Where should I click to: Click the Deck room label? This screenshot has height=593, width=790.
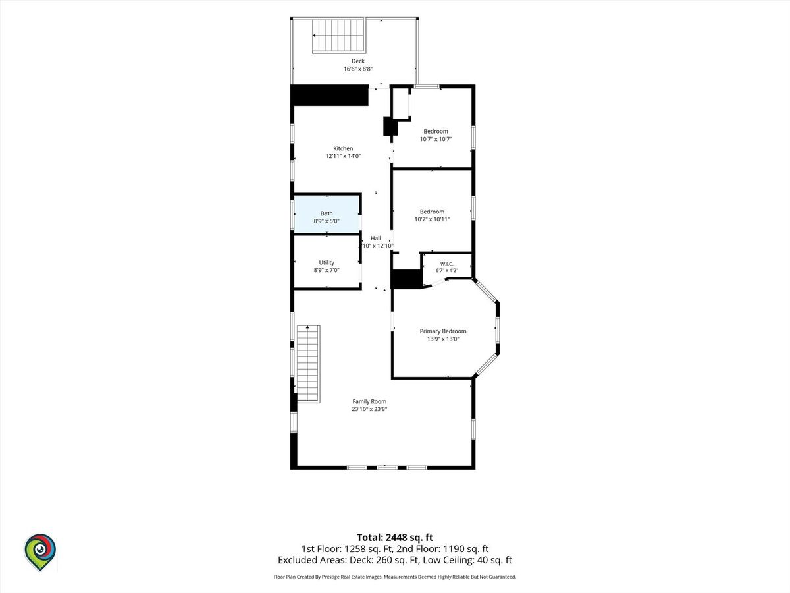357,61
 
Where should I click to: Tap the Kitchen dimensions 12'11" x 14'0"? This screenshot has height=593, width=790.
343,156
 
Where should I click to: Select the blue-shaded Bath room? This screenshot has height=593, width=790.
327,214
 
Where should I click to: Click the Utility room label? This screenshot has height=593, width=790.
327,262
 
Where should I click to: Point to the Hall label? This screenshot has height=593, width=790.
376,238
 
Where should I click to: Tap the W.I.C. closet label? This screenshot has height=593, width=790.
446,264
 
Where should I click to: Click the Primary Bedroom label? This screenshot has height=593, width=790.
442,331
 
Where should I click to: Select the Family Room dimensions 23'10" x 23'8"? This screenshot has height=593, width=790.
369,409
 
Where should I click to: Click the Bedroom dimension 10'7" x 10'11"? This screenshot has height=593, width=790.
432,219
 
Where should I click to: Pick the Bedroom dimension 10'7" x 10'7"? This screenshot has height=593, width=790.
436,139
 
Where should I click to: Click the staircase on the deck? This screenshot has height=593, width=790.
338,36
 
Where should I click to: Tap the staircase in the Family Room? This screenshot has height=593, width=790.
309,364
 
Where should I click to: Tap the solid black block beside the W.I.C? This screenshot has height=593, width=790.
406,279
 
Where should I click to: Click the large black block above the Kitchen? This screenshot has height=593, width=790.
330,96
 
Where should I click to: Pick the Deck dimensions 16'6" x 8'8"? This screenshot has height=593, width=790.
357,69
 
